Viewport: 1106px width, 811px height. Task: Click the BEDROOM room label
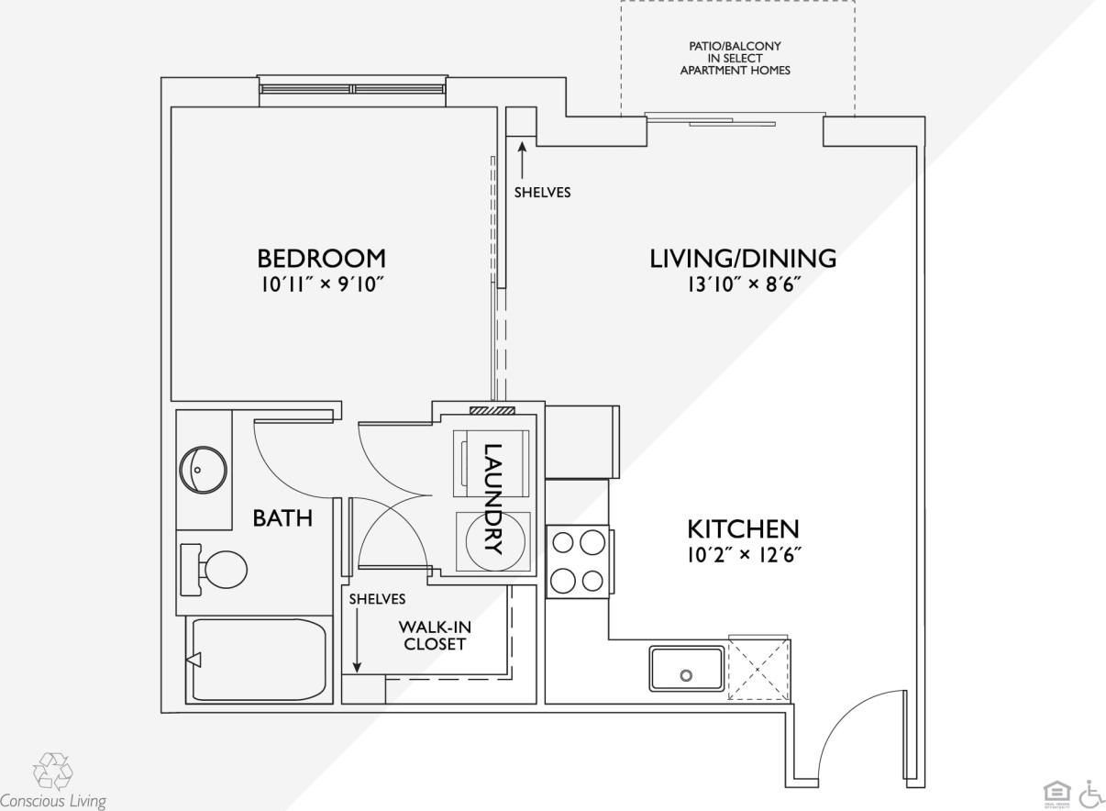click(321, 258)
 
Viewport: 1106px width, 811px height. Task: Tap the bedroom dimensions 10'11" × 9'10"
click(321, 284)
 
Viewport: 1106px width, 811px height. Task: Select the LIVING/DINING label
click(743, 258)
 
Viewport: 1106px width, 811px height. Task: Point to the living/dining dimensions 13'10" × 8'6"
click(743, 284)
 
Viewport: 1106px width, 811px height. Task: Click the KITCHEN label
click(743, 528)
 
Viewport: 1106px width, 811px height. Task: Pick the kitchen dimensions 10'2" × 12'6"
click(743, 554)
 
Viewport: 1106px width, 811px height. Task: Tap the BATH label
click(282, 517)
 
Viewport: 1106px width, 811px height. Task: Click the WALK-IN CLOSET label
click(435, 635)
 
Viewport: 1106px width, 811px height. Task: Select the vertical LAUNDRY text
click(493, 499)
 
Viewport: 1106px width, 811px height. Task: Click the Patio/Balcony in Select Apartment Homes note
click(735, 58)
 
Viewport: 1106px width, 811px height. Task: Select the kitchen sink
click(687, 668)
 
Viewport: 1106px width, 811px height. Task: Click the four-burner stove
click(578, 561)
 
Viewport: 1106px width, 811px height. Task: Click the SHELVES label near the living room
click(542, 192)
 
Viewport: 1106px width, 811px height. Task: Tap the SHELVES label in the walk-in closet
click(377, 599)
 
